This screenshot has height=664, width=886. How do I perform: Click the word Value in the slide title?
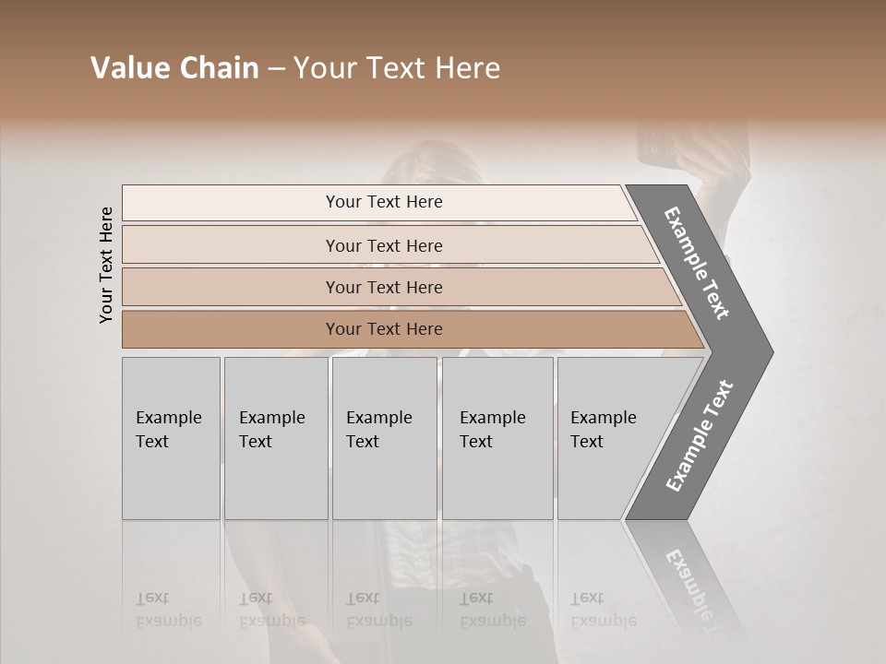[128, 68]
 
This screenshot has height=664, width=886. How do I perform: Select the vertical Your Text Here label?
[106, 265]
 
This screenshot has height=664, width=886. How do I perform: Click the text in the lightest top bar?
[384, 202]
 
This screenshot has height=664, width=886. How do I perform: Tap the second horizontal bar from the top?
[384, 245]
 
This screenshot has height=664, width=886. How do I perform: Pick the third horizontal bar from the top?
[384, 287]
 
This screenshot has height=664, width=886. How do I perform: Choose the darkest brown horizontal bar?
[384, 329]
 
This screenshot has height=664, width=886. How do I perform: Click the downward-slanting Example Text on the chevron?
[697, 263]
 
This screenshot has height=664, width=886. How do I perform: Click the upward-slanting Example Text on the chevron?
[700, 436]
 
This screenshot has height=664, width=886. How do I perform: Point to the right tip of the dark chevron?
[772, 351]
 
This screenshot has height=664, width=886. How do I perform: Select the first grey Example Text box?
[171, 437]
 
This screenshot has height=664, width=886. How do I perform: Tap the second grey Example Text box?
[275, 437]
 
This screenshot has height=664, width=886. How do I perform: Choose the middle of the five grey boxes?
[384, 437]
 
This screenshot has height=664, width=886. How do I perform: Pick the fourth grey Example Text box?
[497, 437]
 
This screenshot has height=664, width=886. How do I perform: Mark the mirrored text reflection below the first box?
[169, 610]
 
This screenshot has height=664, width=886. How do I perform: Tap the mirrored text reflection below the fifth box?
[604, 610]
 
